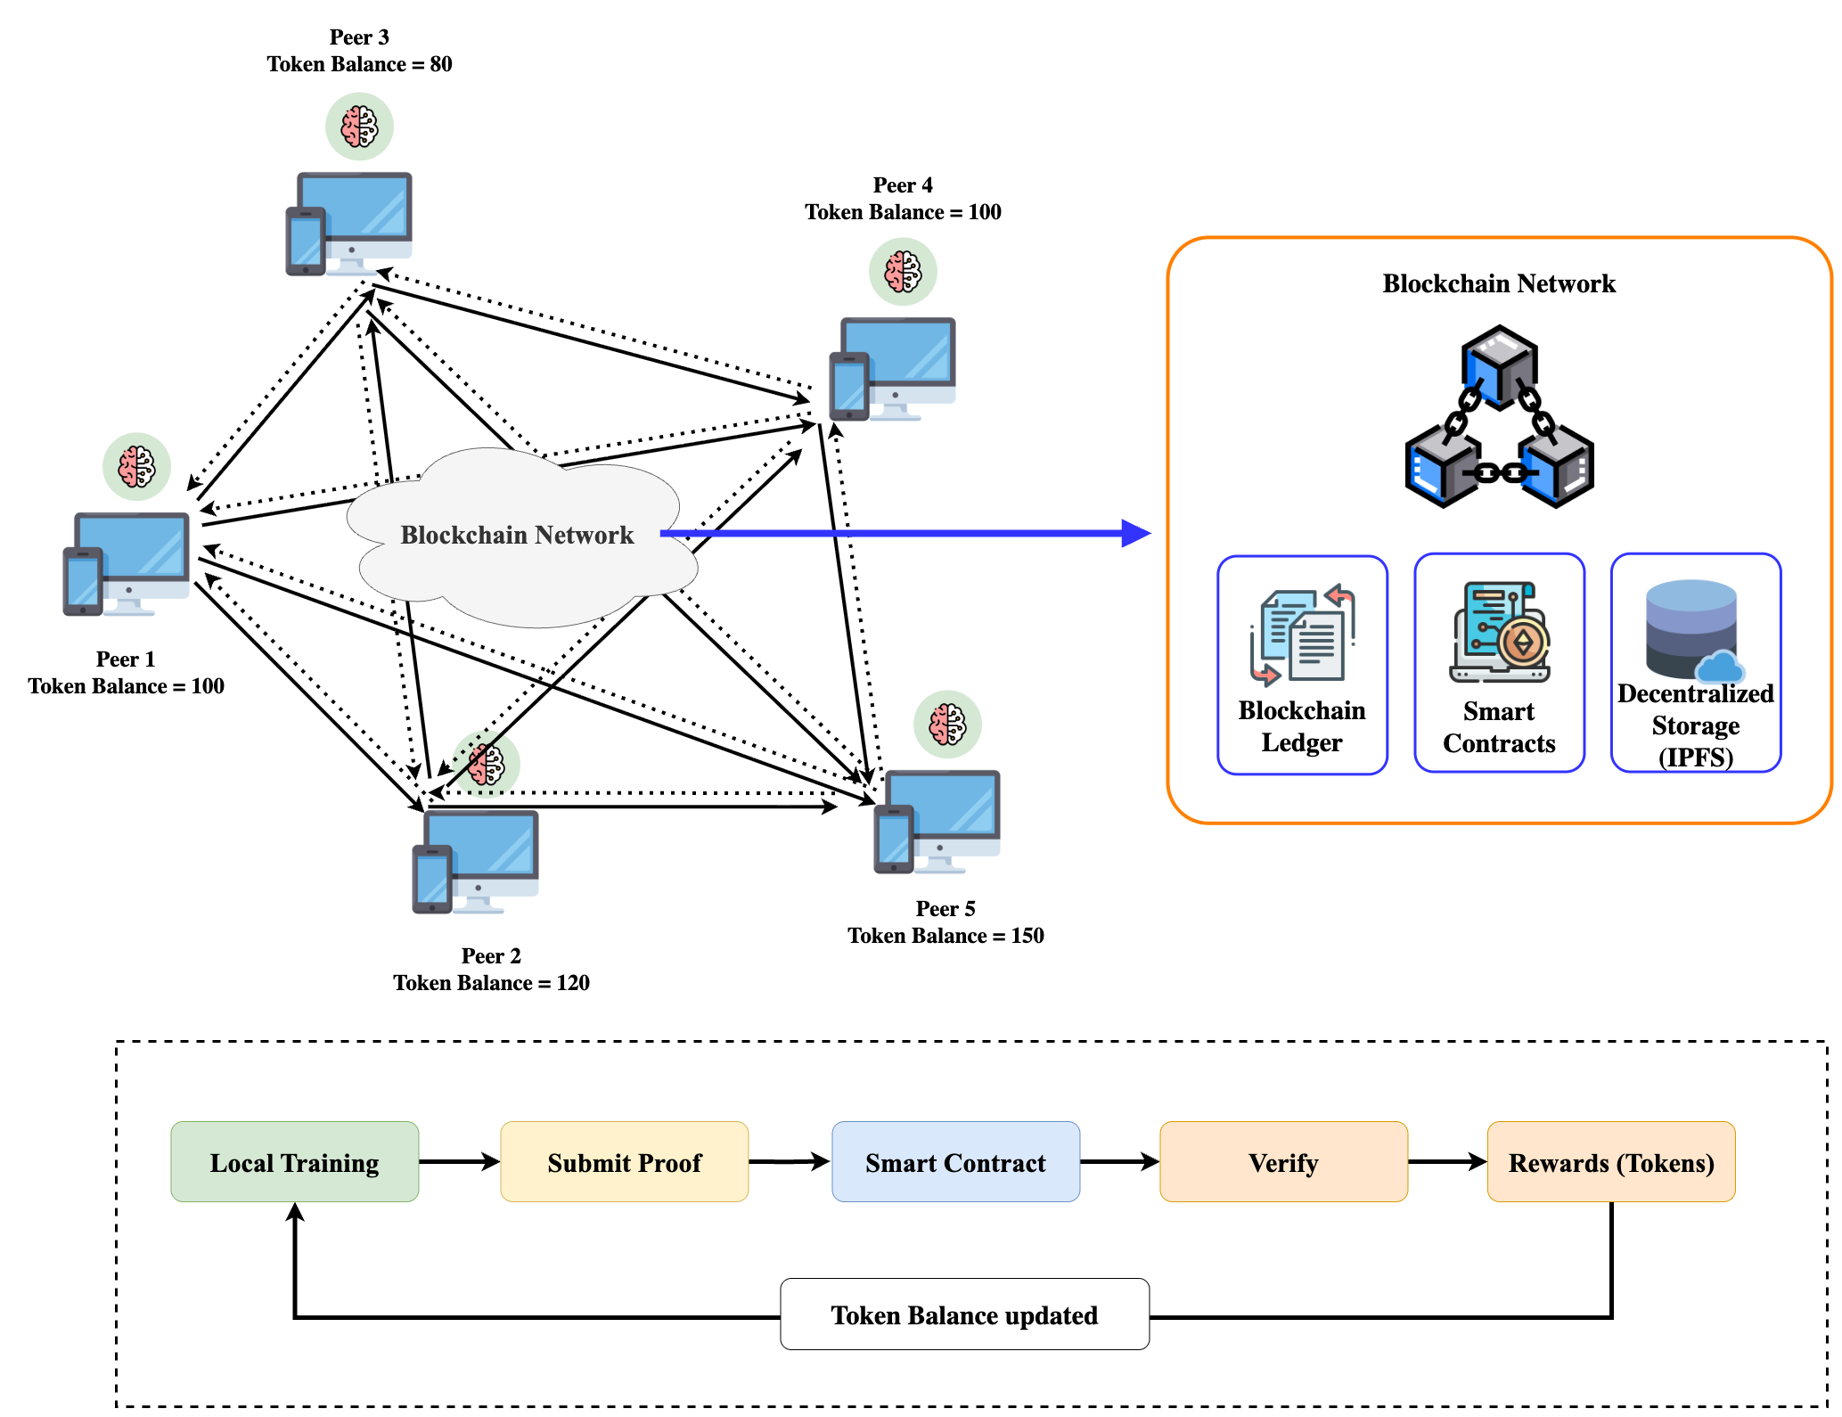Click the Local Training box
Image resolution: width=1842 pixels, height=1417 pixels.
pyautogui.click(x=294, y=1162)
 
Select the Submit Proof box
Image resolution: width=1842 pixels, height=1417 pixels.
pyautogui.click(x=624, y=1162)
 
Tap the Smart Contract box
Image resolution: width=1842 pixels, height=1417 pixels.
pyautogui.click(x=955, y=1162)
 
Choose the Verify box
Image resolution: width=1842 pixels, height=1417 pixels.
pyautogui.click(x=1283, y=1162)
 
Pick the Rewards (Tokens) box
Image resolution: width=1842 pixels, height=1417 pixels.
pyautogui.click(x=1610, y=1162)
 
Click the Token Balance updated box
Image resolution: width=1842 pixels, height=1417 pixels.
pyautogui.click(x=964, y=1315)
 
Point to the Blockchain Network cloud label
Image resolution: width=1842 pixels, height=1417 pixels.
pyautogui.click(x=517, y=535)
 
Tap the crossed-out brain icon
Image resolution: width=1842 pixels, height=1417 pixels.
pyautogui.click(x=486, y=765)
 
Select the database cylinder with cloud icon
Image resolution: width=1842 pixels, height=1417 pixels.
pyautogui.click(x=1691, y=628)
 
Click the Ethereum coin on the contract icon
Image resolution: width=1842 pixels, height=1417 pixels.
pyautogui.click(x=1523, y=642)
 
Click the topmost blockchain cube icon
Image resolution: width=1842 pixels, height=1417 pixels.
pyautogui.click(x=1500, y=367)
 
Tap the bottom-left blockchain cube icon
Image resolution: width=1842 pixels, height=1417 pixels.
pyautogui.click(x=1445, y=464)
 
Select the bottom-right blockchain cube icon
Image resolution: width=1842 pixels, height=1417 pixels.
pyautogui.click(x=1555, y=464)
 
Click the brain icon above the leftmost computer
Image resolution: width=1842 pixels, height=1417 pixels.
pyautogui.click(x=136, y=467)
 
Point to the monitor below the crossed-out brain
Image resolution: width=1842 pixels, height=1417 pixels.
pyautogui.click(x=482, y=847)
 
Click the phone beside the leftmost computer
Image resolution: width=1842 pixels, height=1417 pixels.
pyautogui.click(x=83, y=582)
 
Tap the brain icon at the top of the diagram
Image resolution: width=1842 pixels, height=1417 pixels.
pyautogui.click(x=359, y=127)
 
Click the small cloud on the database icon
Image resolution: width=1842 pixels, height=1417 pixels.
pyautogui.click(x=1719, y=668)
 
